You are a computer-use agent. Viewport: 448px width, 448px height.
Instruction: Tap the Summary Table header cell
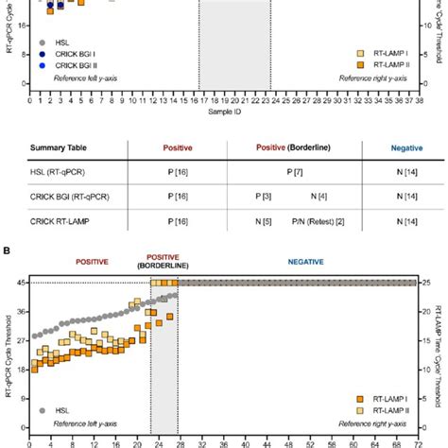point(61,148)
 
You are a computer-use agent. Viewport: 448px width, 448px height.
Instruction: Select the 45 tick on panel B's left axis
point(20,283)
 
